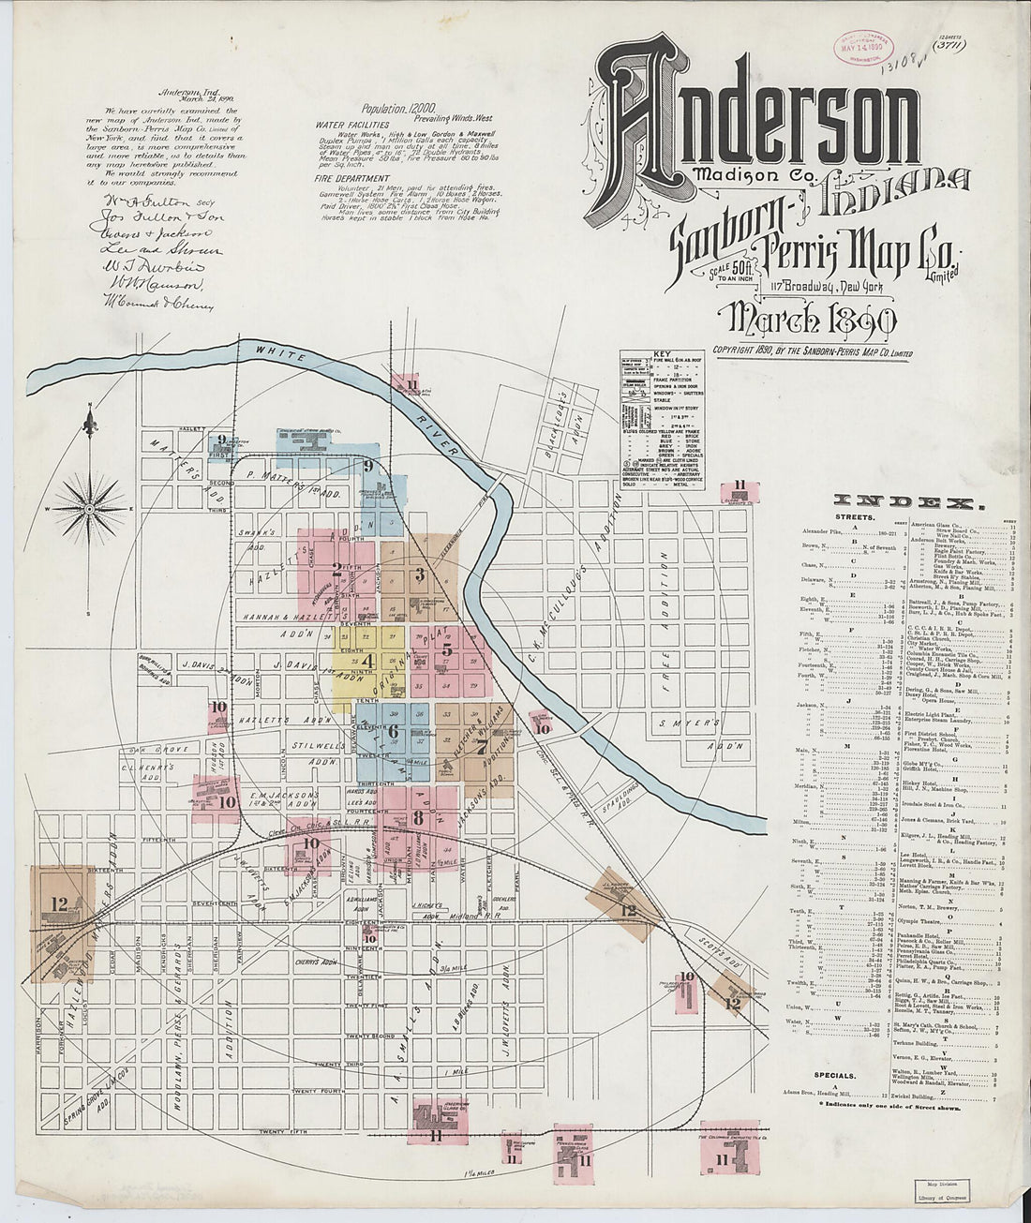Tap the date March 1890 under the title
coord(803,321)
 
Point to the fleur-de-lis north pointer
coord(90,424)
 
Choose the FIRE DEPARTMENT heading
coord(352,178)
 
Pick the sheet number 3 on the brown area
coord(421,574)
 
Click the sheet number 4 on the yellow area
coord(367,661)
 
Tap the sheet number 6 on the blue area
coord(393,731)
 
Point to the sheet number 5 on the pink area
coord(447,649)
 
